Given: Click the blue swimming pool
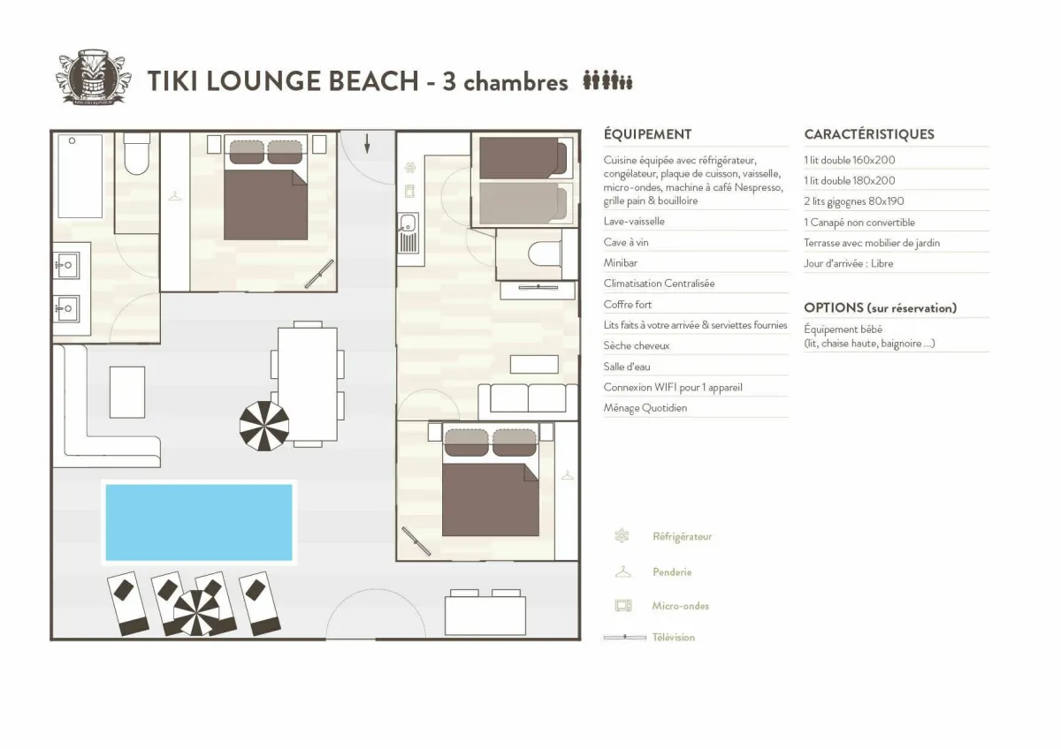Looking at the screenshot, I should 199,522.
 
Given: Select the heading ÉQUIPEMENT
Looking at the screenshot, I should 647,134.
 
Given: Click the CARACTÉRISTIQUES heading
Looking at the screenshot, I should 869,134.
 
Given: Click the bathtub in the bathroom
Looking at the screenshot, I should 80,176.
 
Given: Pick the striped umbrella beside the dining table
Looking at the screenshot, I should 264,426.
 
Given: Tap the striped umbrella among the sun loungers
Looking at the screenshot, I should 195,612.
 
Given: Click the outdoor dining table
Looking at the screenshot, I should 307,384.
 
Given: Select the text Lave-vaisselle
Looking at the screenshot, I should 634,222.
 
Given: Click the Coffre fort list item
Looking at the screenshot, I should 628,305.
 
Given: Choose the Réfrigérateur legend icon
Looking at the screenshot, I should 622,536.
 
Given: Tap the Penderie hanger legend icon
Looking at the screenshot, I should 622,572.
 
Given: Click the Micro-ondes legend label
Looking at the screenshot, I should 681,606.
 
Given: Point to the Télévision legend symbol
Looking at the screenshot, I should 624,637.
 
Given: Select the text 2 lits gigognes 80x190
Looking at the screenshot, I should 854,201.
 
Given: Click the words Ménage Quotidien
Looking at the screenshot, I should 645,408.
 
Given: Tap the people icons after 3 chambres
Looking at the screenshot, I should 607,81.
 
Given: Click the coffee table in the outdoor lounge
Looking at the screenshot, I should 127,392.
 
